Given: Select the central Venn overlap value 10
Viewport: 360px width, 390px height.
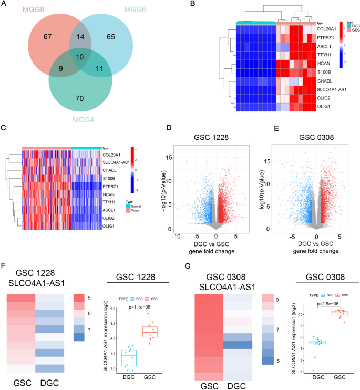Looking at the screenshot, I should point(79,57).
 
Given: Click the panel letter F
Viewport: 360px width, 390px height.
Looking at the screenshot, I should point(5,266).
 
